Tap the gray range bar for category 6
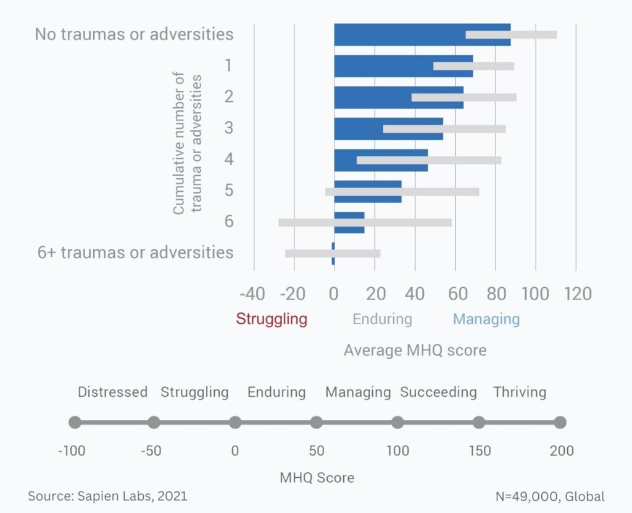(364, 222)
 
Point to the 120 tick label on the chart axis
(576, 293)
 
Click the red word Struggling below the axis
(272, 319)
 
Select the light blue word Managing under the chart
(486, 319)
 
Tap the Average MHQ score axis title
(415, 351)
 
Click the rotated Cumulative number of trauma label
(187, 143)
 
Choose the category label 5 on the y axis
(229, 190)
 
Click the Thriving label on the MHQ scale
(520, 392)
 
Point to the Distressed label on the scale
(112, 392)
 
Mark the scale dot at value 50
(316, 423)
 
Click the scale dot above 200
(560, 423)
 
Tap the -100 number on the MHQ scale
(72, 451)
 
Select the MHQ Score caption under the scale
(317, 477)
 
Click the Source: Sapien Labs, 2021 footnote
(107, 496)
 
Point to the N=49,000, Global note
(550, 496)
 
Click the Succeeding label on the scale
(438, 392)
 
